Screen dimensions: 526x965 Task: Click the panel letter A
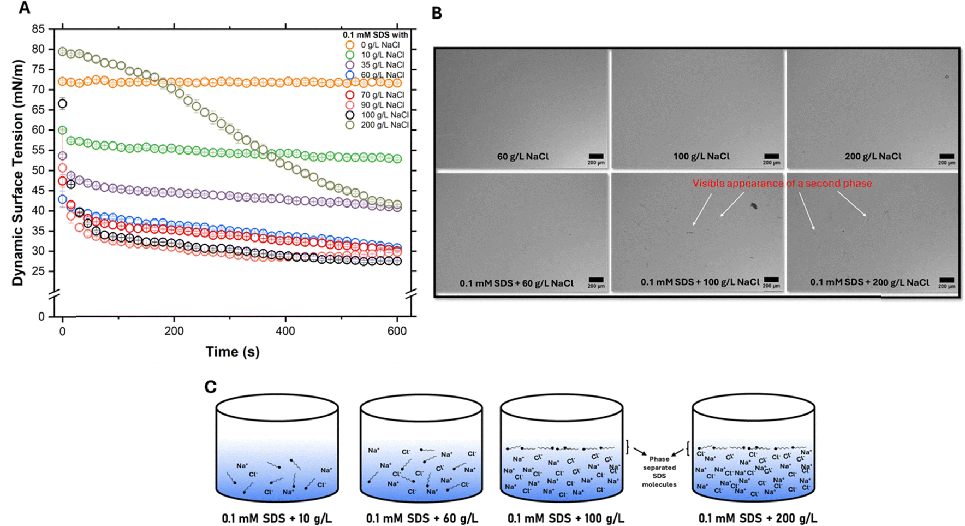[24, 9]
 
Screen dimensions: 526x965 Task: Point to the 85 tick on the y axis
[38, 29]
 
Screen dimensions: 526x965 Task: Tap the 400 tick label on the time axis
[285, 331]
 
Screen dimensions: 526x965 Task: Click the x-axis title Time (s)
[232, 352]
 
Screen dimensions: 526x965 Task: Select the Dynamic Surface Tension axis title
[19, 173]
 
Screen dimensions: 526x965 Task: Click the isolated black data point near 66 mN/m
[63, 104]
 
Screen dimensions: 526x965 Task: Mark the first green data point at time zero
[63, 130]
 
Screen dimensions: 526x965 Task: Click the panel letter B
[437, 14]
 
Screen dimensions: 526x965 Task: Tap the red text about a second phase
[782, 184]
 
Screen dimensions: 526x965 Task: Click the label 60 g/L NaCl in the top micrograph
[522, 157]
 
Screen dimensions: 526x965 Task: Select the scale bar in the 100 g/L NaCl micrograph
[771, 157]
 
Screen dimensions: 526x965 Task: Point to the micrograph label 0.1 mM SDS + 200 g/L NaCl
[869, 282]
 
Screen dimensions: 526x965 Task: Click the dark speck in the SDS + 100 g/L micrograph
[754, 206]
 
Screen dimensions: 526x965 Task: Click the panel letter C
[210, 387]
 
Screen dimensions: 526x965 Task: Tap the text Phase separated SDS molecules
[659, 471]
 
